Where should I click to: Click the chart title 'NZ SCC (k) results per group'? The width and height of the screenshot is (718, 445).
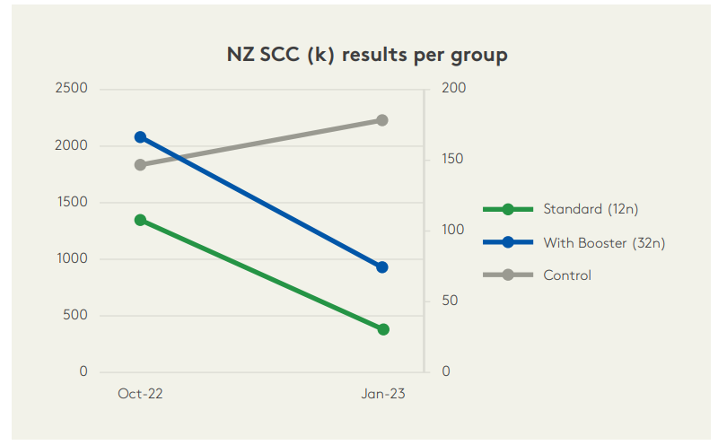[x=367, y=55]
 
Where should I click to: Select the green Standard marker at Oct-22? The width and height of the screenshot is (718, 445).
[x=140, y=220]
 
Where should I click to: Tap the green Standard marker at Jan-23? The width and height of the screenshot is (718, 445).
[x=383, y=329]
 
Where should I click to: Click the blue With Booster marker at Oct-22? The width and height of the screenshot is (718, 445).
[x=140, y=137]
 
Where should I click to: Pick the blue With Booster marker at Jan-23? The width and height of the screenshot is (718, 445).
[x=382, y=266]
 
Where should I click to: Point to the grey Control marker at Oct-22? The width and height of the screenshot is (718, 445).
[x=140, y=165]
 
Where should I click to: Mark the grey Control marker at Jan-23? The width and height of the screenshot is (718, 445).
[x=382, y=120]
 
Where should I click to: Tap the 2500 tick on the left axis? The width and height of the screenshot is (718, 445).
[x=72, y=89]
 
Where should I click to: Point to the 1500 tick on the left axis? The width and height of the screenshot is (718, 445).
[x=72, y=202]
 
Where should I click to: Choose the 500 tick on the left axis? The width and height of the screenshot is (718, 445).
[x=75, y=315]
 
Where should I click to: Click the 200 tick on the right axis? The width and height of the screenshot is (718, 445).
[x=453, y=89]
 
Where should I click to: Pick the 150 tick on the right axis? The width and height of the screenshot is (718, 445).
[x=453, y=160]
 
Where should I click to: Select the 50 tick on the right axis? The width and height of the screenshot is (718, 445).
[x=450, y=301]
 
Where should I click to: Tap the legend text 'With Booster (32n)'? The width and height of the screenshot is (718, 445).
[x=604, y=242]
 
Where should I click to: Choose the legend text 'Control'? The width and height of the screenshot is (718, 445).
[x=567, y=275]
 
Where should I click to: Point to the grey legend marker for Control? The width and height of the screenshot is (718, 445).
[x=508, y=275]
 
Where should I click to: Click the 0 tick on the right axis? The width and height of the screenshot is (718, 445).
[x=446, y=371]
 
